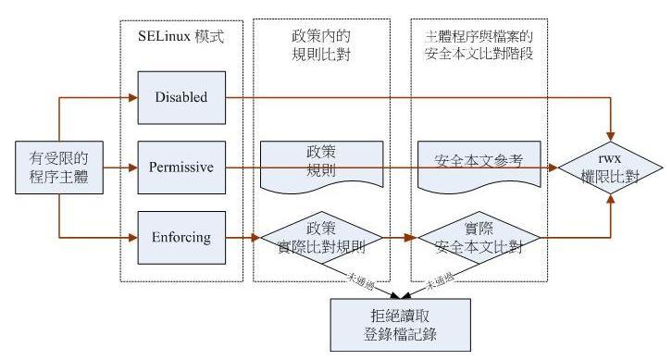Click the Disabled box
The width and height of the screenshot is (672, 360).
181,95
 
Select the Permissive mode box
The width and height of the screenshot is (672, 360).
181,168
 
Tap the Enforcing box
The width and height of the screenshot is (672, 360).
181,238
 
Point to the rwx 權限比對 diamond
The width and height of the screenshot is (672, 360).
610,168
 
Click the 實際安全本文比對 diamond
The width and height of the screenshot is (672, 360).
479,238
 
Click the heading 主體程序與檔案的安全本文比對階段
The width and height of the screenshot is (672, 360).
479,43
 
